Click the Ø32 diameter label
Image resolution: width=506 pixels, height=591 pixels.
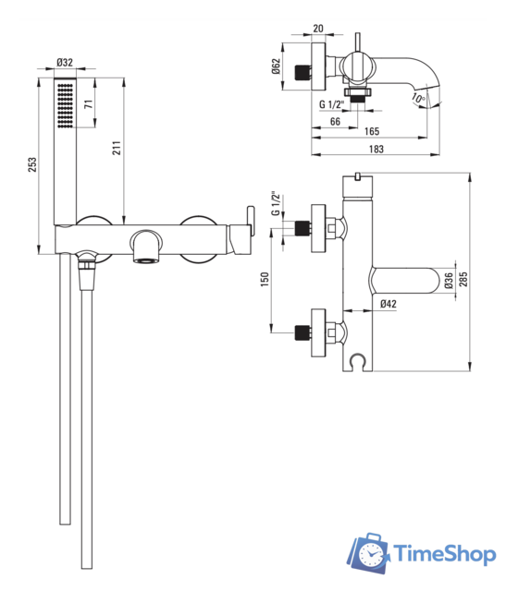coord(65,62)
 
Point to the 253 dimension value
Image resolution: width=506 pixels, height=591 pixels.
coord(32,164)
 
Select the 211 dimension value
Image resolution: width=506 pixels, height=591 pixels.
coord(117,148)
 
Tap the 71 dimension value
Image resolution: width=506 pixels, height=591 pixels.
coord(88,104)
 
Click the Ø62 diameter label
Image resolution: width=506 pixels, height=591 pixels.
coord(277,66)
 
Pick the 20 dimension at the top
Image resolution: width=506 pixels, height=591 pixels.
coord(318,29)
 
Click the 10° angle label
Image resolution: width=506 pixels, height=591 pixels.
coord(418,99)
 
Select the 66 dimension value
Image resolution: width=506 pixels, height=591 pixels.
coord(335,121)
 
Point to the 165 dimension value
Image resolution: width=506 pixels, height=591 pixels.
coord(372,131)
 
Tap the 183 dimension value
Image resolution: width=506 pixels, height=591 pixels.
coord(376,150)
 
